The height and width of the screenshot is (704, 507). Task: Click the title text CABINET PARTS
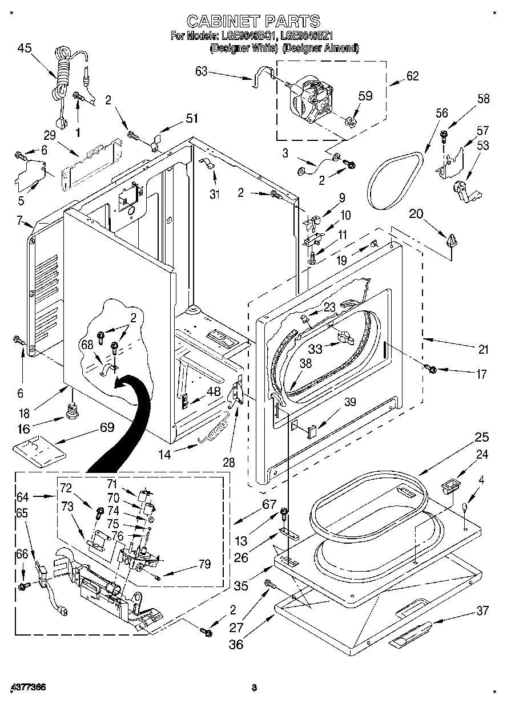click(x=253, y=21)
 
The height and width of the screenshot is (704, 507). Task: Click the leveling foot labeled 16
click(x=72, y=410)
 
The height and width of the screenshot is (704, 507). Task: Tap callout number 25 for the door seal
click(x=482, y=438)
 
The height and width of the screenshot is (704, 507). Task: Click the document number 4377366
click(x=27, y=687)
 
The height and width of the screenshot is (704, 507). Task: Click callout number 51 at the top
click(x=191, y=119)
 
